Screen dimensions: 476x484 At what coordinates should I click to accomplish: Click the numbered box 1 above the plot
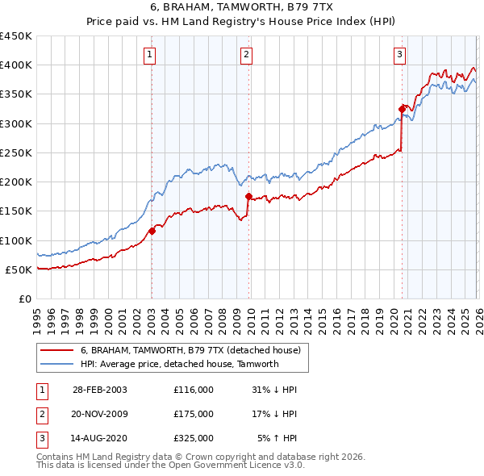[x=151, y=55]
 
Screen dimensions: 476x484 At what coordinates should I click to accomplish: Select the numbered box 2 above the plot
[x=246, y=55]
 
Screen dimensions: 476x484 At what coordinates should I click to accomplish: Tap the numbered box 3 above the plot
[x=399, y=55]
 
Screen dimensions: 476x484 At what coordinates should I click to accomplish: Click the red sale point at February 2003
[x=152, y=232]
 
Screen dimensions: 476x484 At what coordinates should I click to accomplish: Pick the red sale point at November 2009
[x=248, y=197]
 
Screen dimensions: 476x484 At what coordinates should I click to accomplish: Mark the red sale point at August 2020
[x=401, y=109]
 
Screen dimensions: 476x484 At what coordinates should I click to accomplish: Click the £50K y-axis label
[x=19, y=269]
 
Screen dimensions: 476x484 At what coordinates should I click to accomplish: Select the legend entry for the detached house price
[x=190, y=350]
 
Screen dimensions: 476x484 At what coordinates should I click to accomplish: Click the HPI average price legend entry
[x=179, y=364]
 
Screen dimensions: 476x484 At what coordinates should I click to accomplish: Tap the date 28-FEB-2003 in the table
[x=99, y=390]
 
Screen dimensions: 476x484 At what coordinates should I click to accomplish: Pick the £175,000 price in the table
[x=193, y=414]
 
